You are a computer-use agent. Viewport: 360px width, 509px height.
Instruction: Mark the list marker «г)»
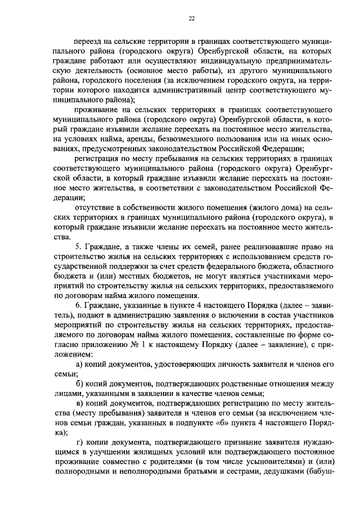click(x=79, y=440)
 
